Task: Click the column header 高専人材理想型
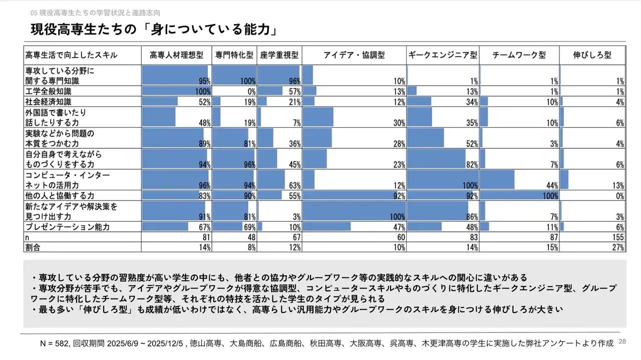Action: point(176,55)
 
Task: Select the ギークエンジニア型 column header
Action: point(442,55)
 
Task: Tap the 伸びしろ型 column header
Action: point(592,55)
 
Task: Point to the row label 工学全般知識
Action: point(49,91)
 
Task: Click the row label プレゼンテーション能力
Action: point(68,227)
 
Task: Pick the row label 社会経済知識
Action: point(49,102)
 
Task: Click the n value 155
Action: point(618,237)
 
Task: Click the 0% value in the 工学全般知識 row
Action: point(251,92)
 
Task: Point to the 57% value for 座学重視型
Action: point(294,92)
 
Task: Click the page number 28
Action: point(623,341)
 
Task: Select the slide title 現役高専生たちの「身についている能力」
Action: point(155,30)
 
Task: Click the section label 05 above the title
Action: point(35,13)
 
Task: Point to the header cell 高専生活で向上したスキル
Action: point(71,55)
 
